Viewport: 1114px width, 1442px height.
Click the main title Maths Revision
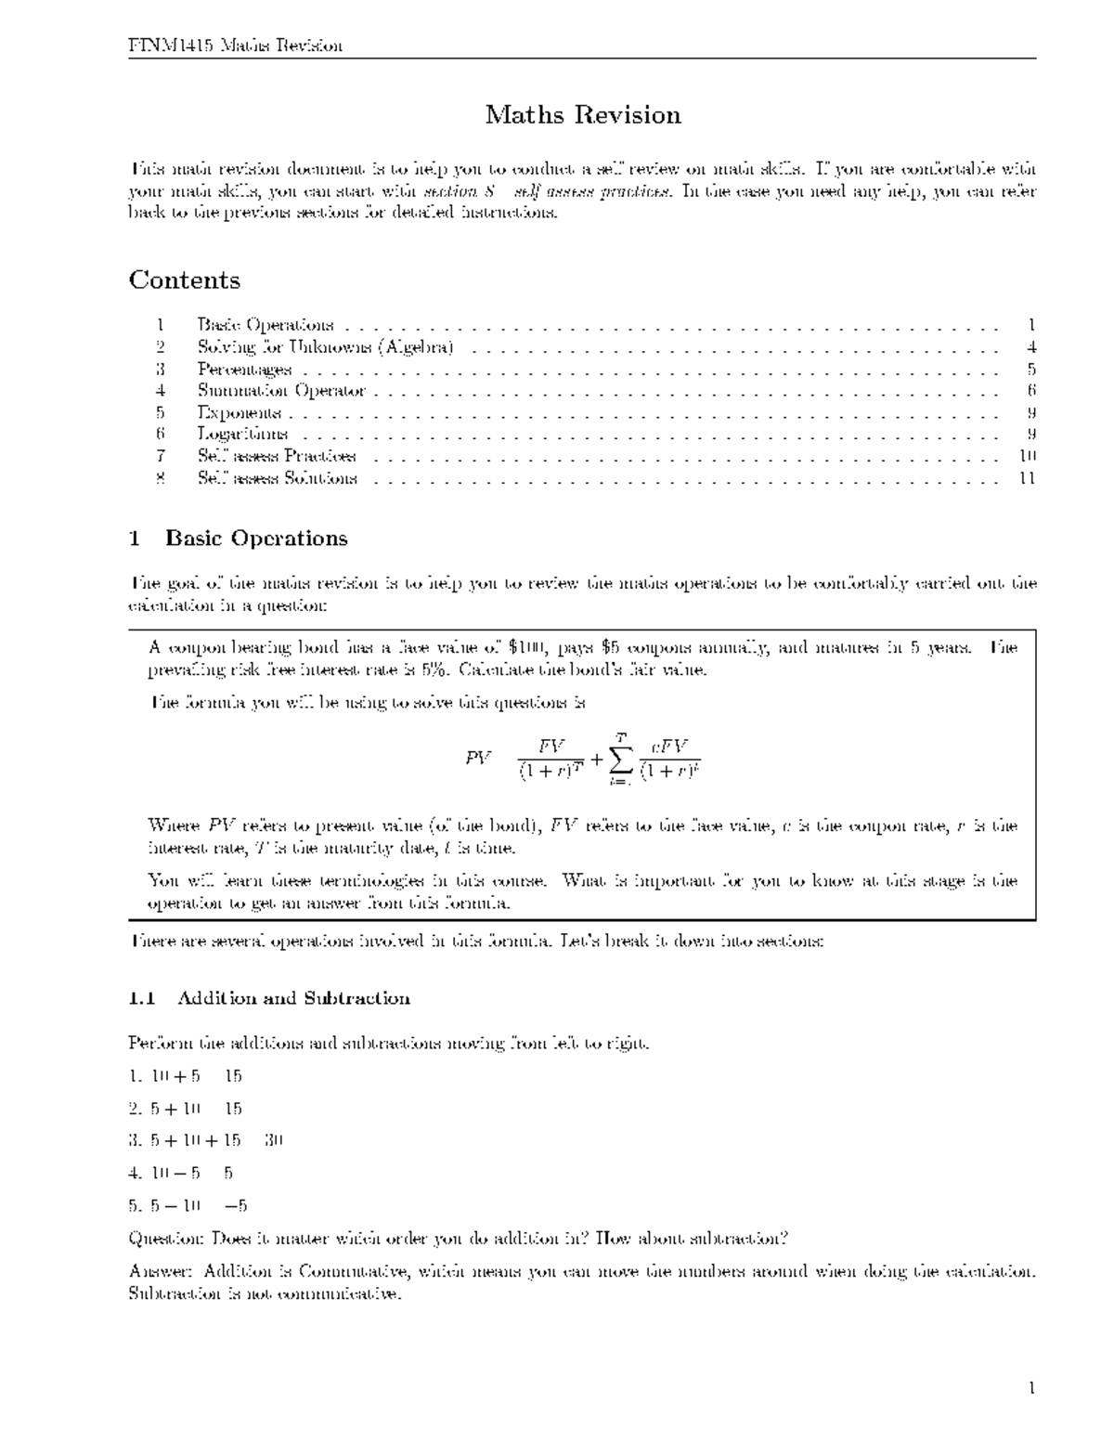[583, 115]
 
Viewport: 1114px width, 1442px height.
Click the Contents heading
[184, 280]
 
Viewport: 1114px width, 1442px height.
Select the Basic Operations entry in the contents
[265, 325]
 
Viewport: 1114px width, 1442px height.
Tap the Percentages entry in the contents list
[244, 370]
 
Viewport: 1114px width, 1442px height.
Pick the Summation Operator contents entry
[281, 391]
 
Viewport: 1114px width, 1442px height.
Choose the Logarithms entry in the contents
[242, 434]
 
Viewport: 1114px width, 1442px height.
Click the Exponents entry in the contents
[239, 412]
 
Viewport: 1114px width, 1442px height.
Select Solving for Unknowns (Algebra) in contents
[325, 347]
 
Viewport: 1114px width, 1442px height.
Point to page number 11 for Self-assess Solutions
[1027, 478]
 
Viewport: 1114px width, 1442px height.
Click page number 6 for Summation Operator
[1031, 391]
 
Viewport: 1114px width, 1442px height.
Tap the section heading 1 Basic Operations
[239, 539]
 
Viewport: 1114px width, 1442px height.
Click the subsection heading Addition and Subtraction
[292, 999]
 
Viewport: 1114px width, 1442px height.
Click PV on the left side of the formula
[478, 759]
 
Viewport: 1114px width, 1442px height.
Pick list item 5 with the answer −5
[188, 1206]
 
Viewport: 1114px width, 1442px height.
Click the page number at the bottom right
[1030, 1389]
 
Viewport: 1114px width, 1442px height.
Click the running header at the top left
[235, 45]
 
